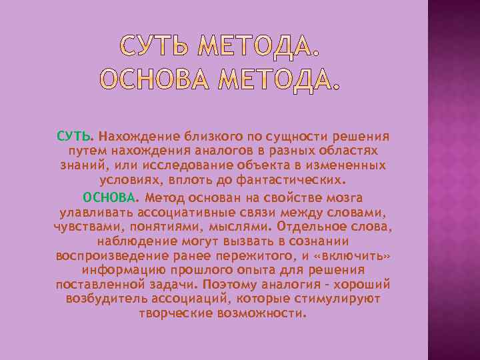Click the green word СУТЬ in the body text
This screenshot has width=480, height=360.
coord(73,137)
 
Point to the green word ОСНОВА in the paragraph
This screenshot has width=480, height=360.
coord(109,198)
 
